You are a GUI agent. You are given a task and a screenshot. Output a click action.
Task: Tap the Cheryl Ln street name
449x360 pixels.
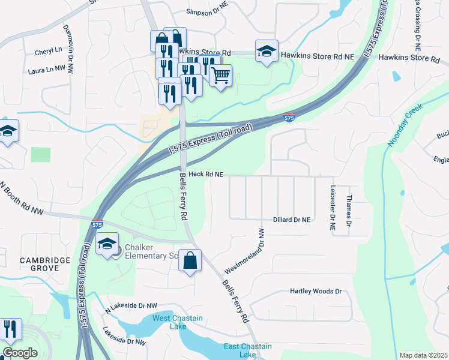click(x=49, y=52)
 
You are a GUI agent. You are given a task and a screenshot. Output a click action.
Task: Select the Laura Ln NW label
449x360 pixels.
click(x=47, y=70)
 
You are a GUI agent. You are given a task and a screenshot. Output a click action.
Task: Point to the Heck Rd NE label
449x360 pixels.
click(x=206, y=175)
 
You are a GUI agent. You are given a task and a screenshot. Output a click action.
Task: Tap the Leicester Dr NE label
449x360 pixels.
click(x=331, y=208)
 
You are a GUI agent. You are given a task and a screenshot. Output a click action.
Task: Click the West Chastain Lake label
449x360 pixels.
click(x=178, y=322)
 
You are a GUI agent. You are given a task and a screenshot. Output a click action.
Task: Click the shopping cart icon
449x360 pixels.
click(x=221, y=75)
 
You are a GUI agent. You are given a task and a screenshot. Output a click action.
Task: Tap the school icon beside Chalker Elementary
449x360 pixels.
click(x=107, y=244)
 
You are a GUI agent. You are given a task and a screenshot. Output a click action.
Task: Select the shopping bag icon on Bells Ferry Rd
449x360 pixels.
click(x=190, y=261)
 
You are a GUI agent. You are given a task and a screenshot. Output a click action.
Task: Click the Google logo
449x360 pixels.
click(x=20, y=353)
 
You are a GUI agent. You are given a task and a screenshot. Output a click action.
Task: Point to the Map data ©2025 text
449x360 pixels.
click(x=424, y=355)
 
